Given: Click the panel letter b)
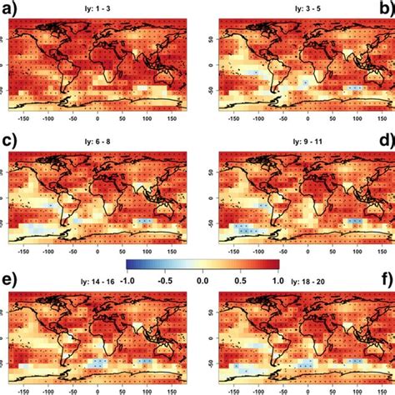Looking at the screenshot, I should [x=385, y=9].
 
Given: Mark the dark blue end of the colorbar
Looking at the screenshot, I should [x=129, y=265].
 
